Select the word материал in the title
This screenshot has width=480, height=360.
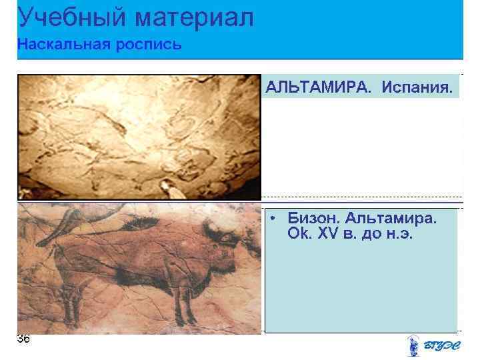tap(194, 17)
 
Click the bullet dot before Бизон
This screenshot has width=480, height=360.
tap(274, 219)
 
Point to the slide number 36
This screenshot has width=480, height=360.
tap(23, 339)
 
